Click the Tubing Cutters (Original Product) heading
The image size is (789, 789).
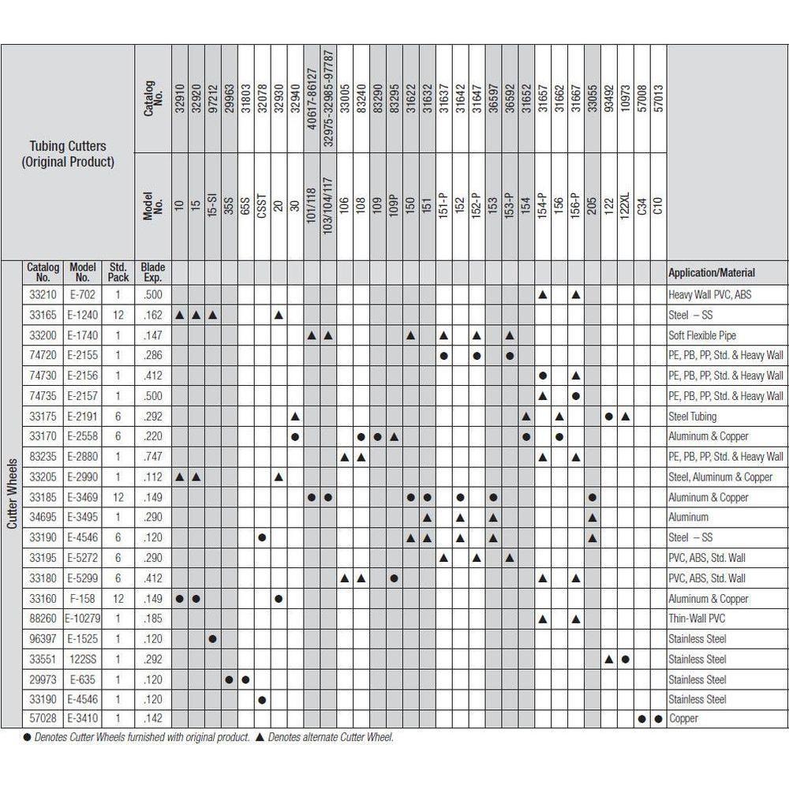[x=68, y=154]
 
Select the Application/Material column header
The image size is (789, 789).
[x=711, y=273]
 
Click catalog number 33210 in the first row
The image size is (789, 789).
[x=43, y=294]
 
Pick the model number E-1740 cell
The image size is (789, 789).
[x=83, y=335]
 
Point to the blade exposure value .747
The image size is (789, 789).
[x=152, y=457]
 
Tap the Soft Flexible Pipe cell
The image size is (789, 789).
[x=702, y=335]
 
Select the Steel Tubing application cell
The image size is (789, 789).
[x=693, y=416]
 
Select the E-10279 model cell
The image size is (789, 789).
[x=83, y=619]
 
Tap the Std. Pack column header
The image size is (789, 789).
[x=118, y=272]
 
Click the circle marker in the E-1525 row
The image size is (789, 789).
[x=213, y=639]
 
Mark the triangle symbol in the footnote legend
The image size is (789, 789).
[x=260, y=738]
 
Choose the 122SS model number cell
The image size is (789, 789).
[x=83, y=659]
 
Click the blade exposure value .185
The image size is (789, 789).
[x=152, y=619]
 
